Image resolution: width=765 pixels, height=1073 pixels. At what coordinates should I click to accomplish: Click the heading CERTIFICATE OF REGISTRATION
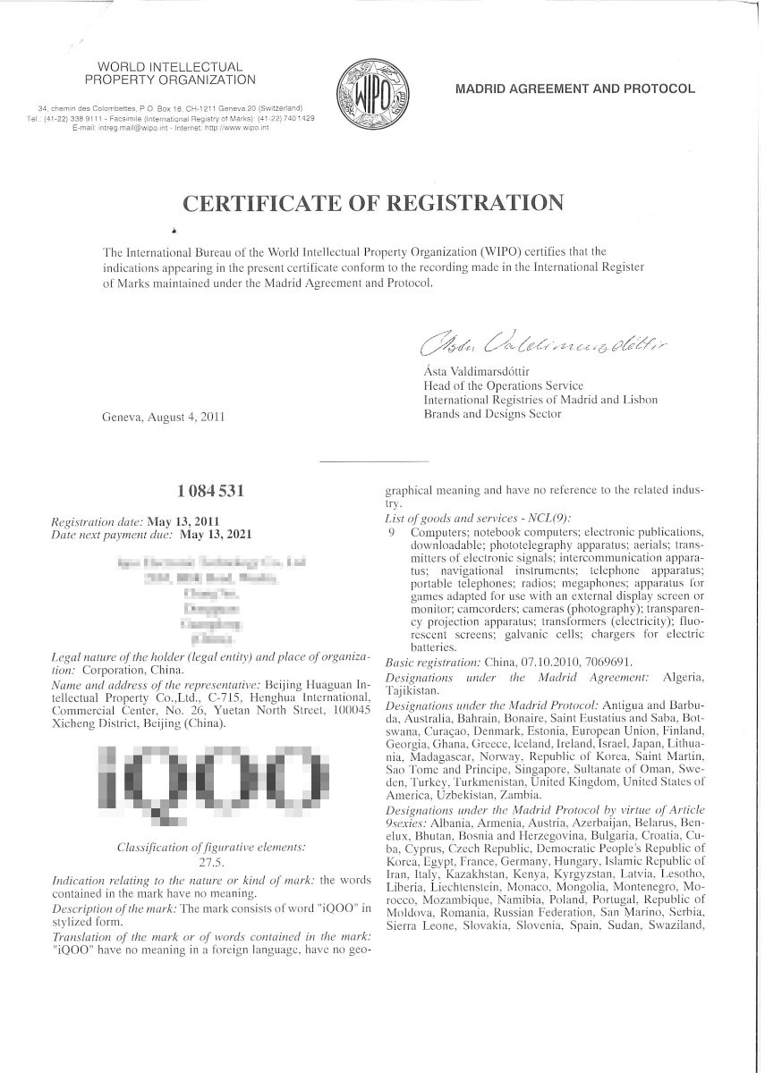(x=373, y=202)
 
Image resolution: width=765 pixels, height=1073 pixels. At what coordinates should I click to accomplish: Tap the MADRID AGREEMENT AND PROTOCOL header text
(x=575, y=89)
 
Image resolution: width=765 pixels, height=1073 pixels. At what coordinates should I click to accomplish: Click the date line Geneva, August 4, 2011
(x=163, y=416)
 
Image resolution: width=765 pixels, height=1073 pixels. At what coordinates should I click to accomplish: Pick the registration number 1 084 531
(x=211, y=490)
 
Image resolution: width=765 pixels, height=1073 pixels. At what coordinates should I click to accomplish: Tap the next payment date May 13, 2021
(x=217, y=534)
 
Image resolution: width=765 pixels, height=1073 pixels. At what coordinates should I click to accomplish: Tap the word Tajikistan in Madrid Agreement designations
(x=410, y=691)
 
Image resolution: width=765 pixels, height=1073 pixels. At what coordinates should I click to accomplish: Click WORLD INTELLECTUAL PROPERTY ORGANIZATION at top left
(x=170, y=73)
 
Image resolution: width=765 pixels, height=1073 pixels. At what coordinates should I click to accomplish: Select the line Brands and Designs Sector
(x=492, y=414)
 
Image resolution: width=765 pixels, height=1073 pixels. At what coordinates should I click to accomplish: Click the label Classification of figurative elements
(x=211, y=847)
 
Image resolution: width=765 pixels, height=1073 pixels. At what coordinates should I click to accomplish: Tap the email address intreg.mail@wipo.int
(x=124, y=128)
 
